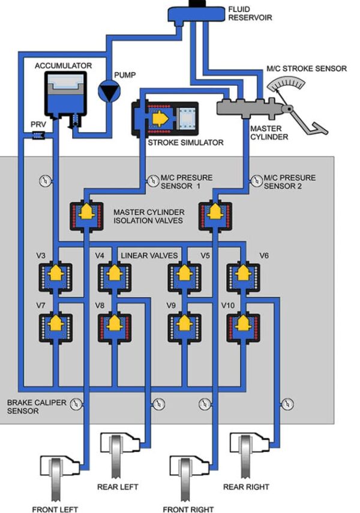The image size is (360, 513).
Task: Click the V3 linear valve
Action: (55, 276)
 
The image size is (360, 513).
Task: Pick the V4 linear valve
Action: (113, 276)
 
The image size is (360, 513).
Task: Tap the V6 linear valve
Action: (242, 276)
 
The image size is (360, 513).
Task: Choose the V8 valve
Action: (113, 326)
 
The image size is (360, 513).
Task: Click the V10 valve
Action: (242, 326)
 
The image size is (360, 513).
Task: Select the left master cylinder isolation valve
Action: (88, 215)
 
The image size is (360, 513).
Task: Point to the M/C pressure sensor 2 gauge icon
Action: (254, 179)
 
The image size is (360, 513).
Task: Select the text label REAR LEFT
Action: (119, 487)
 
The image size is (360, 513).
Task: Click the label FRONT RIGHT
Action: (188, 509)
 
